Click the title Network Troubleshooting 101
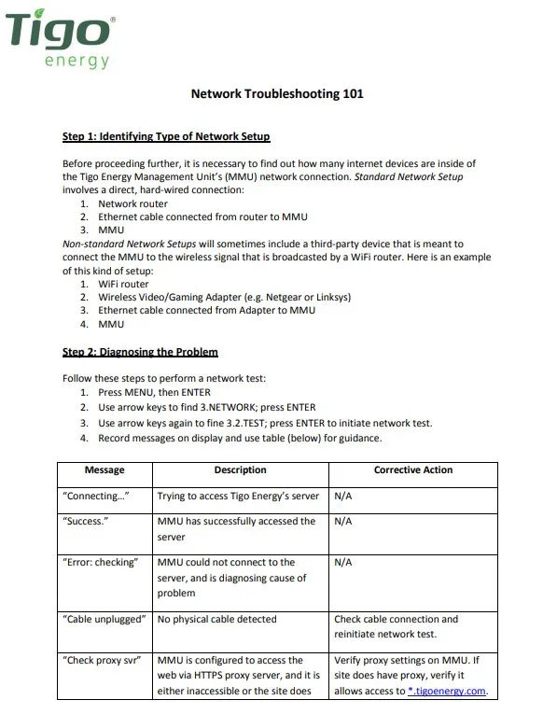tap(277, 94)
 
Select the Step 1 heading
tap(165, 136)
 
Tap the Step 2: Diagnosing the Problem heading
tap(140, 352)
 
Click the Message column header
tap(104, 470)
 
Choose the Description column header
tap(240, 470)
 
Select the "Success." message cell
tap(86, 522)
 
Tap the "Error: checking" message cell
tap(100, 563)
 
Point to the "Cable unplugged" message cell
tap(103, 619)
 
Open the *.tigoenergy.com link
tap(448, 692)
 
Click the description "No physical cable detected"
tap(217, 619)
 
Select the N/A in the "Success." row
tap(342, 522)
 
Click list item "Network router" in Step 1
tap(132, 203)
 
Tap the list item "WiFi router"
tap(123, 284)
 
